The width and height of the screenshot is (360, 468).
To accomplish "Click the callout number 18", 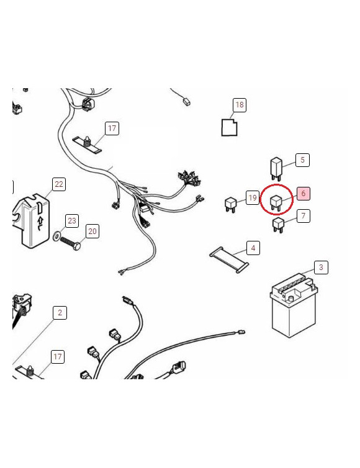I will pyautogui.click(x=240, y=105).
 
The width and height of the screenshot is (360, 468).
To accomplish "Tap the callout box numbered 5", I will pyautogui.click(x=302, y=160).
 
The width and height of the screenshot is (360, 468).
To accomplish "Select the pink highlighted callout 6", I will pyautogui.click(x=303, y=194).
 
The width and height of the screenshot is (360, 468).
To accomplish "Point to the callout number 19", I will pyautogui.click(x=252, y=198).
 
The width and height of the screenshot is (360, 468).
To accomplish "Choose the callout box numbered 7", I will pyautogui.click(x=303, y=216).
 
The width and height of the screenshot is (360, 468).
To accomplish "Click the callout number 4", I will pyautogui.click(x=253, y=248).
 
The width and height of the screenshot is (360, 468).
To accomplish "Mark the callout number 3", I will pyautogui.click(x=320, y=268).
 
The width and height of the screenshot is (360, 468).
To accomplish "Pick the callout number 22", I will pyautogui.click(x=58, y=184).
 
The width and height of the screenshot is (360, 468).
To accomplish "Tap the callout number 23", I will pyautogui.click(x=72, y=220).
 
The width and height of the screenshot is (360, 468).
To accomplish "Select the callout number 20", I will pyautogui.click(x=92, y=232).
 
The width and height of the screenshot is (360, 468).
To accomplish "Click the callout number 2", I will pyautogui.click(x=60, y=312).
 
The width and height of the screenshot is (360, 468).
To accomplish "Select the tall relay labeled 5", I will pyautogui.click(x=276, y=168).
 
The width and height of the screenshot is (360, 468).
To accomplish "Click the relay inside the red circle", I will pyautogui.click(x=276, y=201).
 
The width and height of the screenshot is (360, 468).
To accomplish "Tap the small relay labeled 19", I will pyautogui.click(x=230, y=204).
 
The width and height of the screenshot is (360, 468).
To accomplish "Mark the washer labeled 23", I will pyautogui.click(x=58, y=236).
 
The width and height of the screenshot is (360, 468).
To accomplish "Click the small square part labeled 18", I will pyautogui.click(x=230, y=127).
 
